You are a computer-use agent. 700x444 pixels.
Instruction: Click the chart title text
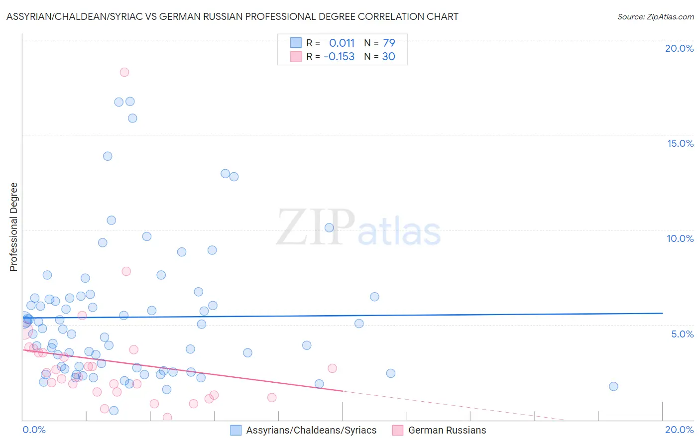point(232,16)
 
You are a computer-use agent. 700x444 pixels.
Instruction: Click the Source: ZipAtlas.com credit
point(655,16)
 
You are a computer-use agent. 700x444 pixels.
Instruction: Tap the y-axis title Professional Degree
point(13,227)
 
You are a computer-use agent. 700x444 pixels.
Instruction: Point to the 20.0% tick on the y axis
point(679,48)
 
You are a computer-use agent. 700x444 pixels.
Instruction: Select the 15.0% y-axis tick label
point(680,143)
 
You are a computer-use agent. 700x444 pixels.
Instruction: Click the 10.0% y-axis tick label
point(680,238)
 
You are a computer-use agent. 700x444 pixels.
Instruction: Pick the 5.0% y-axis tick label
point(682,334)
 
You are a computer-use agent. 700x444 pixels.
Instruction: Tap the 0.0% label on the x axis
point(34,430)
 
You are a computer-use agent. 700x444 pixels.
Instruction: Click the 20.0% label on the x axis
point(679,430)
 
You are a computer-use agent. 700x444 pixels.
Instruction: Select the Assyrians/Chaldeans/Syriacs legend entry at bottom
point(304,430)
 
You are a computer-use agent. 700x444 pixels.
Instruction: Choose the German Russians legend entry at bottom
point(439,430)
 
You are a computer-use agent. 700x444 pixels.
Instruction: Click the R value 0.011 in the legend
point(342,43)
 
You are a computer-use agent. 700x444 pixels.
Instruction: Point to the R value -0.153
point(339,56)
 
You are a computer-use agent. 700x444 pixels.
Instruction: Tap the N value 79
point(389,43)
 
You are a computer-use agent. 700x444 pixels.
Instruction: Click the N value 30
point(388,56)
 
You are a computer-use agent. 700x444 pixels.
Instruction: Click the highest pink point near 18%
point(124,72)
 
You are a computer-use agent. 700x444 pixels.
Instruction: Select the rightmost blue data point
point(613,386)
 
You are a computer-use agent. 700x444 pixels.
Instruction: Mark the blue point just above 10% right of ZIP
point(329,227)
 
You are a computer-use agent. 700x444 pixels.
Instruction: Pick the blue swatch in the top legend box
point(296,43)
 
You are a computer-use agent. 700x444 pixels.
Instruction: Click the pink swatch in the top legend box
point(296,56)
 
